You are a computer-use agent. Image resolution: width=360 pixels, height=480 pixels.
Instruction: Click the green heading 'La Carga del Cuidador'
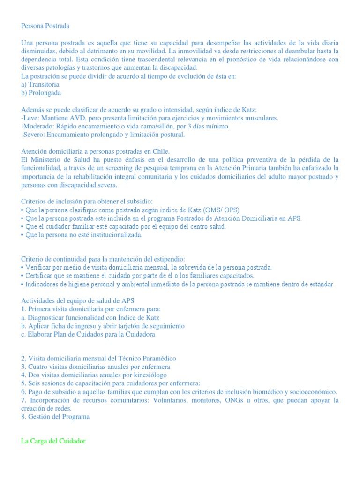tap(53, 441)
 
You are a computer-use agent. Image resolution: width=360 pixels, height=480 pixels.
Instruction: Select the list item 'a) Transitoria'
tap(40, 85)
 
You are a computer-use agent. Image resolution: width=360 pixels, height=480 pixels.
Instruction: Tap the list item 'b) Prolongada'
tap(41, 93)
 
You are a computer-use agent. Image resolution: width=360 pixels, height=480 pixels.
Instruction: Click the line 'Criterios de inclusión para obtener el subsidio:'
tap(87, 201)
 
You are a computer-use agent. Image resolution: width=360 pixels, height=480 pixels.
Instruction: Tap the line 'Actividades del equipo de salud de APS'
tap(78, 300)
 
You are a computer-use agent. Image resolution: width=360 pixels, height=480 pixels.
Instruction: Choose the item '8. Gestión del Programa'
tap(55, 416)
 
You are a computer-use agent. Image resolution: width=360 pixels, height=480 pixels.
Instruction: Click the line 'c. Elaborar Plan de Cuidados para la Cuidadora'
tap(88, 334)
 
